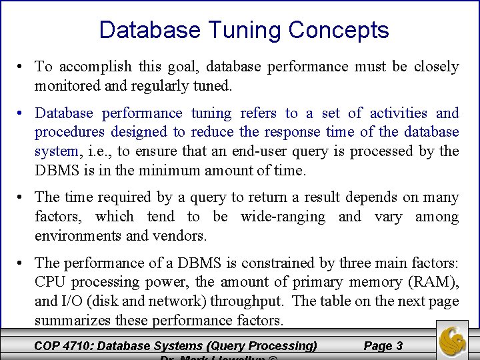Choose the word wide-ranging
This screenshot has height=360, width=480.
[x=283, y=217]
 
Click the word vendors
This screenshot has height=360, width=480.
[x=180, y=235]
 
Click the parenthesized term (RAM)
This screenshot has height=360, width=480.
[x=435, y=282]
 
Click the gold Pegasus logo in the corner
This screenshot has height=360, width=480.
[x=453, y=340]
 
